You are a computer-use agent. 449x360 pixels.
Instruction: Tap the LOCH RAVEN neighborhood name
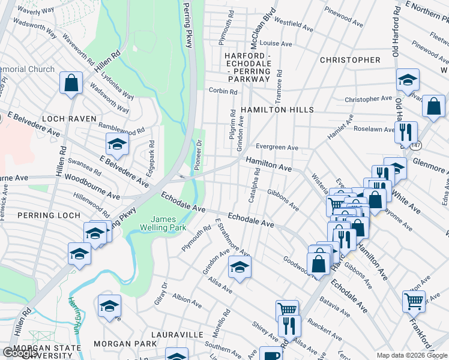[x=68, y=119]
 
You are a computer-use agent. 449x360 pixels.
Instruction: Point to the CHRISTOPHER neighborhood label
[x=350, y=60]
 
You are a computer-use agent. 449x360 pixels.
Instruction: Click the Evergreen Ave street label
[x=277, y=148]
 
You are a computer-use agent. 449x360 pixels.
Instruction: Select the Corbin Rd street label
[x=223, y=91]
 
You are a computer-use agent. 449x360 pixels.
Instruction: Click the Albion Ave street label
[x=186, y=300]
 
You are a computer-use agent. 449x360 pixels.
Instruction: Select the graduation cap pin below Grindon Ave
[x=240, y=268]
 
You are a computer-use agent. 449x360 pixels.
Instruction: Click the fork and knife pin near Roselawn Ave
[x=406, y=131]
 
